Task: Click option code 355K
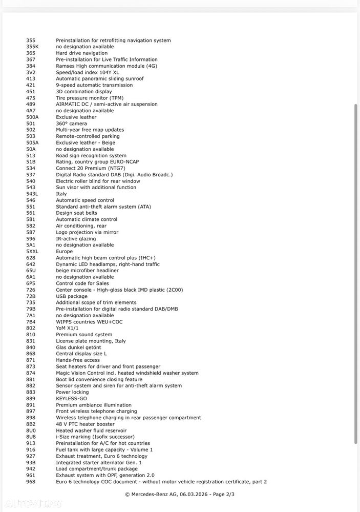[32, 47]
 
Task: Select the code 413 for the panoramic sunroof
[31, 79]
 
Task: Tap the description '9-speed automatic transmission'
[94, 85]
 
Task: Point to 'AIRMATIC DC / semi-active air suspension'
[107, 104]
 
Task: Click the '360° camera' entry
[71, 124]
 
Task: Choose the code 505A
[32, 142]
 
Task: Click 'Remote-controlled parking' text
[88, 136]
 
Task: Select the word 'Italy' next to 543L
[61, 194]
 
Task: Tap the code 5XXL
[32, 252]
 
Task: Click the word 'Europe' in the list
[64, 252]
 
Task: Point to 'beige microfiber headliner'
[87, 271]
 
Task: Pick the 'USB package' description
[72, 296]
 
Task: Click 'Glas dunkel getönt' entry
[80, 347]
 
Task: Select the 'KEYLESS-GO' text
[72, 398]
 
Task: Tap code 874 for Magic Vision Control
[31, 373]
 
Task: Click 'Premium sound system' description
[83, 335]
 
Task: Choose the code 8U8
[31, 437]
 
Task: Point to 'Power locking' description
[72, 392]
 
